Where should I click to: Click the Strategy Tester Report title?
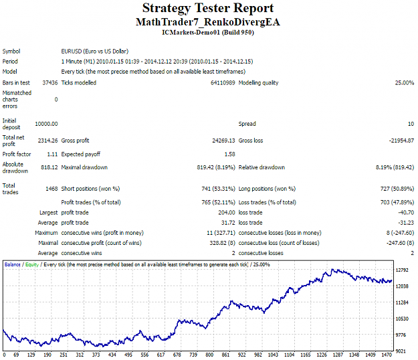click(x=208, y=8)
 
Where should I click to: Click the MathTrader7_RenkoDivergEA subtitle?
click(x=208, y=22)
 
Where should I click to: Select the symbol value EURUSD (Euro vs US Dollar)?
click(x=95, y=52)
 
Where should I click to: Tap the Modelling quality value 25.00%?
click(x=405, y=83)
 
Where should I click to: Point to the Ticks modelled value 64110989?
click(x=223, y=83)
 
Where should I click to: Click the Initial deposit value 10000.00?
click(x=46, y=124)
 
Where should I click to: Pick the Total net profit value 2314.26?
click(x=47, y=141)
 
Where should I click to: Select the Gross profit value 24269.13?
click(x=223, y=141)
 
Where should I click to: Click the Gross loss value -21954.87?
click(x=401, y=141)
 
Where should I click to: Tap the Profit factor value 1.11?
click(x=52, y=154)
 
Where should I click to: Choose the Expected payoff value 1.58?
click(x=230, y=154)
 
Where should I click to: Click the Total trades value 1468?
click(x=51, y=189)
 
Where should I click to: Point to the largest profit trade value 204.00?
click(x=227, y=213)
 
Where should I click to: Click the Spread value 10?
click(x=411, y=124)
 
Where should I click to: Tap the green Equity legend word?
click(x=32, y=264)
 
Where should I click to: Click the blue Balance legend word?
click(x=13, y=264)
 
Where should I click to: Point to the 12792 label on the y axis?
click(x=402, y=270)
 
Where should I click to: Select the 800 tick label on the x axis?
click(x=209, y=355)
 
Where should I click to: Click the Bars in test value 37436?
click(x=50, y=83)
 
